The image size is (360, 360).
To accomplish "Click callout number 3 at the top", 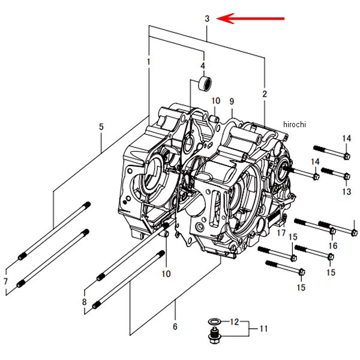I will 206,19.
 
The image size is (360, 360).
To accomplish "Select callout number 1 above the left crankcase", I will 148,62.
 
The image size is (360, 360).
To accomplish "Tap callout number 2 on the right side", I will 265,94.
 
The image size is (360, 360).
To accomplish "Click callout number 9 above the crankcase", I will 263,328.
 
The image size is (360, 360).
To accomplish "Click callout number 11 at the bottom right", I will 235,322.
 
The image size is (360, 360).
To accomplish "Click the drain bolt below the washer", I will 213,322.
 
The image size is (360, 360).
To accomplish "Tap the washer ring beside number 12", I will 346,191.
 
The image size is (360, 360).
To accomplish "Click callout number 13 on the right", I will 333,245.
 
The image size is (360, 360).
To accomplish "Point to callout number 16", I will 281,232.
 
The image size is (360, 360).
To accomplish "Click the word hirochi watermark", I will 346,176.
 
